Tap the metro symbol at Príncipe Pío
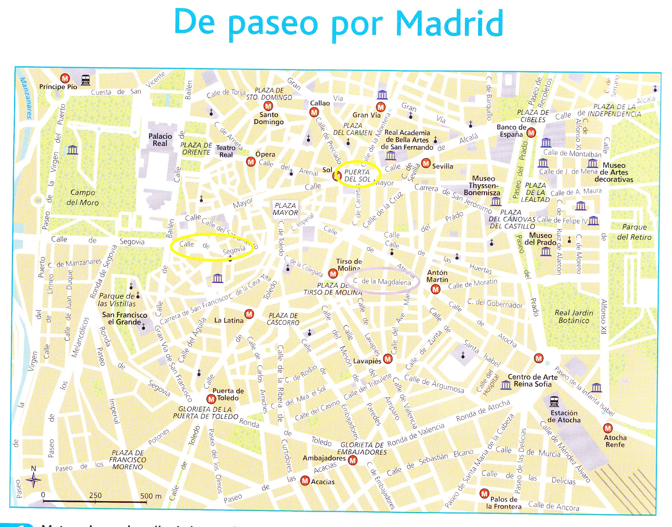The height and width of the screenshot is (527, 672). [65, 79]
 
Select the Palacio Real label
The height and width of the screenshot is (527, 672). [160, 140]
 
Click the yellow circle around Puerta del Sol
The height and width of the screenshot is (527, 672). [358, 175]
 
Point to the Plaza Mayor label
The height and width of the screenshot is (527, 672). [285, 209]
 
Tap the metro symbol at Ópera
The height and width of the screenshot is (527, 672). [251, 162]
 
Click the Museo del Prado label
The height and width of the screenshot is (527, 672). [540, 239]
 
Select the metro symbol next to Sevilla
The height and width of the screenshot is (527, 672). [426, 163]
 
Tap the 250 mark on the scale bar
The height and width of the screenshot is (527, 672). [95, 496]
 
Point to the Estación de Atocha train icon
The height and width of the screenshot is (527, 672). [554, 401]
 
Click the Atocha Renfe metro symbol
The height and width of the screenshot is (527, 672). [608, 428]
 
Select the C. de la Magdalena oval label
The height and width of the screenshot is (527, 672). [382, 281]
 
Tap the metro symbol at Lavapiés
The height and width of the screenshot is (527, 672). [388, 359]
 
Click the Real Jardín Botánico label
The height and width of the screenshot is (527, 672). [574, 317]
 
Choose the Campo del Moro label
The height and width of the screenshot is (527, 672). [83, 197]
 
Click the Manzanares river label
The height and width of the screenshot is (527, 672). [26, 98]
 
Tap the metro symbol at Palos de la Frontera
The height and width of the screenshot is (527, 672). [484, 494]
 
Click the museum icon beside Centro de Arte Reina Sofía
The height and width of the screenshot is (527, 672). [506, 385]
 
